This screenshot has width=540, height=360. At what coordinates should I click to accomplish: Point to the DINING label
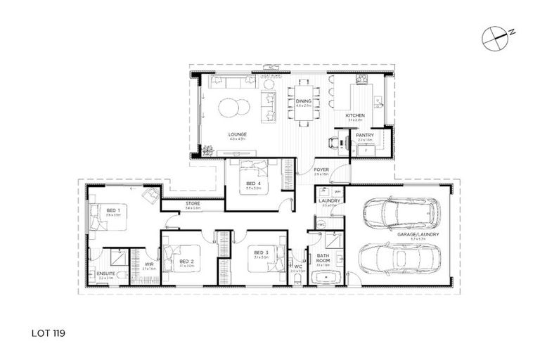303,101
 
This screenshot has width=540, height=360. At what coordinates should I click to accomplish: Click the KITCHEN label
355,115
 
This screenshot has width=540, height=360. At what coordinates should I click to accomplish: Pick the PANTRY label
365,134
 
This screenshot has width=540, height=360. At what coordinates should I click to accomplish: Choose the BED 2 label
186,260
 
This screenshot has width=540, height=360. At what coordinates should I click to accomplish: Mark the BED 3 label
262,252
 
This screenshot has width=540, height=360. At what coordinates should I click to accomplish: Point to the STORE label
193,204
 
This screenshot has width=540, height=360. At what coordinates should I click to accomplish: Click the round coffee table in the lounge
233,108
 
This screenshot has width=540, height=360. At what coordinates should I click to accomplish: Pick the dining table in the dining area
303,102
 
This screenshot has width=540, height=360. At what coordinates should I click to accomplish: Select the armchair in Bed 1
150,195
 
